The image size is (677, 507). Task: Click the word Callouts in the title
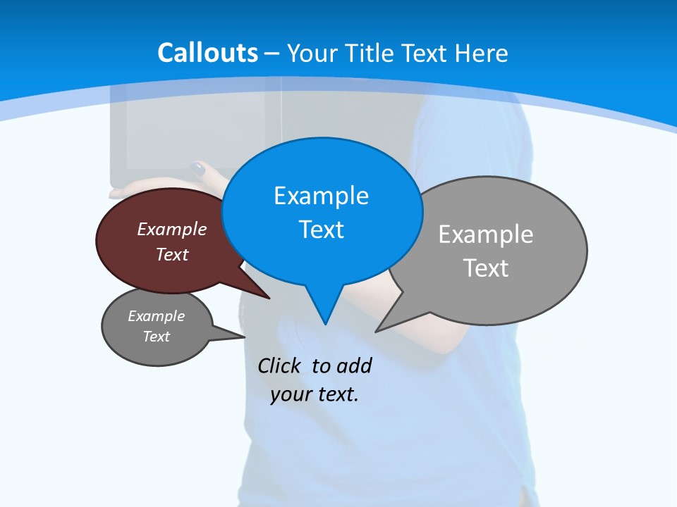click(x=207, y=53)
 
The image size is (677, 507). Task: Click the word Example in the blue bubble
click(x=321, y=196)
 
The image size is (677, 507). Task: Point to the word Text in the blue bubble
click(x=321, y=230)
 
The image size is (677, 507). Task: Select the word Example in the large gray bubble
click(x=486, y=234)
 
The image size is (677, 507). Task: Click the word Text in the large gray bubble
click(x=486, y=268)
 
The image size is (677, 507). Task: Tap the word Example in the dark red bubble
click(x=172, y=229)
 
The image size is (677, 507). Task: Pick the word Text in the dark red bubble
click(x=172, y=254)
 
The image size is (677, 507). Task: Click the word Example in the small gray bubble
click(x=157, y=316)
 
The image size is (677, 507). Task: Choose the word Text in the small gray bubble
click(x=157, y=337)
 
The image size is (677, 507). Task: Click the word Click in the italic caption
click(x=279, y=365)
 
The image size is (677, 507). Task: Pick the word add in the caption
click(x=354, y=365)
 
